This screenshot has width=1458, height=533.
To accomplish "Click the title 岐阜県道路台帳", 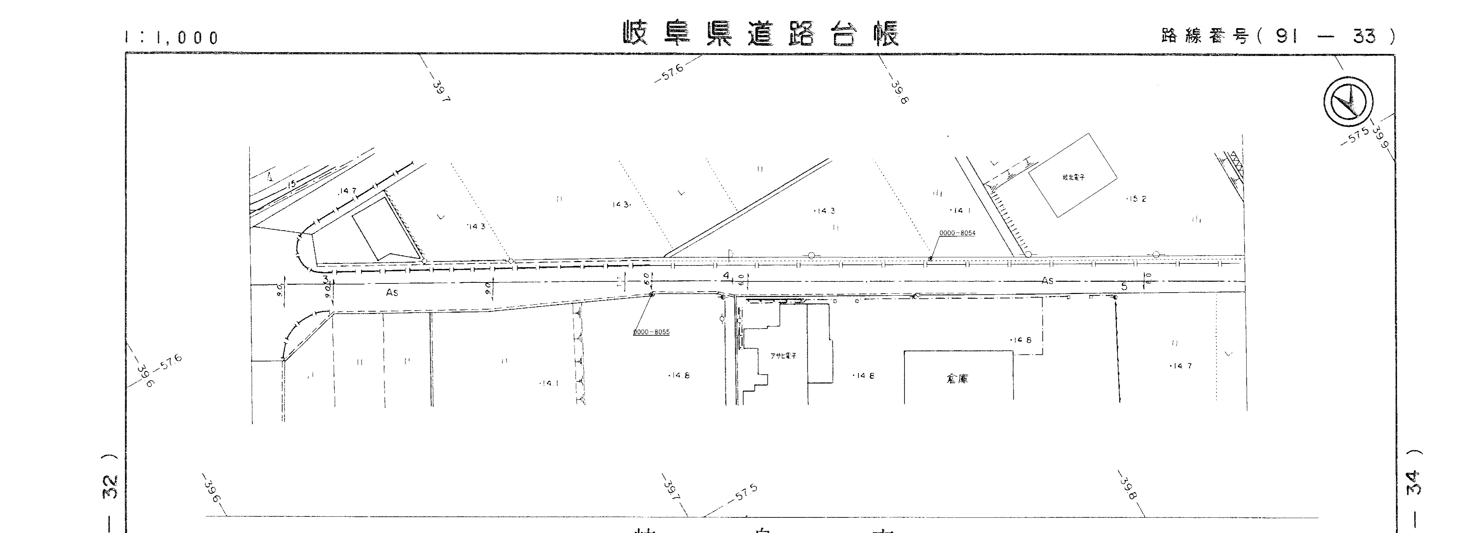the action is tap(761, 34).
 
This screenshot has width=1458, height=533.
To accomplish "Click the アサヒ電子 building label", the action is tap(783, 356).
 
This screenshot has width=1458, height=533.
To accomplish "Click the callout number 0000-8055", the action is tap(651, 332).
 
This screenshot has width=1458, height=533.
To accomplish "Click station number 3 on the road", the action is tap(326, 279).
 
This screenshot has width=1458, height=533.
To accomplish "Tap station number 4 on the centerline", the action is tap(726, 276).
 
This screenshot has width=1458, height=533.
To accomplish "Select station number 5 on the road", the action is tap(1124, 287).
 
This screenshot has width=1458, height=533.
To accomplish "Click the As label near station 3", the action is tap(392, 293).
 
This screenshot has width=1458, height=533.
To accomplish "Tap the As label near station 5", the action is tap(1048, 281).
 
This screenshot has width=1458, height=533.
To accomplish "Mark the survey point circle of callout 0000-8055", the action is tap(652, 294).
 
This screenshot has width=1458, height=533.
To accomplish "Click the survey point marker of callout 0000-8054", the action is tap(931, 259).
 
